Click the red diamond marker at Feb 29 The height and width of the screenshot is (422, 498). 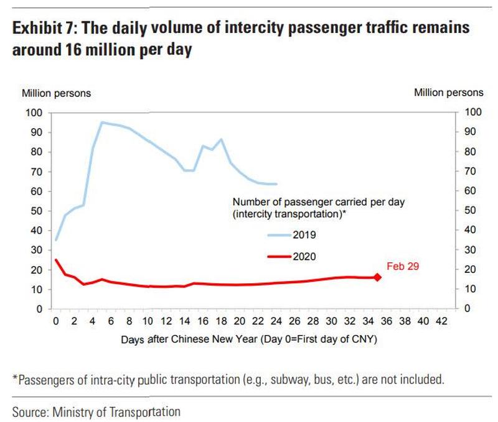pyautogui.click(x=377, y=277)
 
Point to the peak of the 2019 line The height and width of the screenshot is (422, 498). pyautogui.click(x=101, y=122)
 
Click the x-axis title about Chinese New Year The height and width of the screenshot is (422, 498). pyautogui.click(x=248, y=341)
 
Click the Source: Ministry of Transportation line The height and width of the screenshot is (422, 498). pyautogui.click(x=96, y=411)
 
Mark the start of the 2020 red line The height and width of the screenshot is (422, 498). pyautogui.click(x=55, y=260)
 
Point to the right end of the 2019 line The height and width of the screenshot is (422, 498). pyautogui.click(x=276, y=184)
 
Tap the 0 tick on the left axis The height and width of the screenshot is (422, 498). pyautogui.click(x=38, y=309)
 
